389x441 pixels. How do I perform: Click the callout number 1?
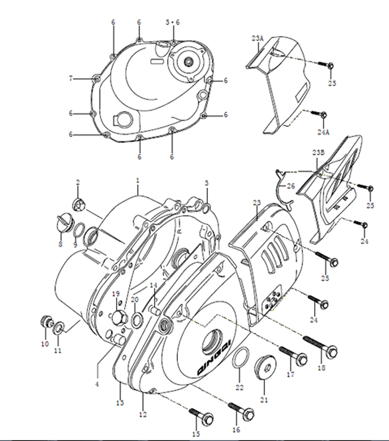coord(138,180)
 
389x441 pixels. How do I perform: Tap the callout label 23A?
coord(257,38)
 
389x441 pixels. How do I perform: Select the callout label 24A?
coord(323,132)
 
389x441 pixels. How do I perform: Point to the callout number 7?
coord(71,79)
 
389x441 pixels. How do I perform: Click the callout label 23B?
coord(318,153)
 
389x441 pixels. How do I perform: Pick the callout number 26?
coord(291,186)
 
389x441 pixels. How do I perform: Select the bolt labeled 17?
coord(293,354)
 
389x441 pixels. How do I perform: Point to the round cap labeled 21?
coord(265,367)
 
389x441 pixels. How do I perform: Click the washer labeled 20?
coord(137,319)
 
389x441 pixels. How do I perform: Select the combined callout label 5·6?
coord(172,22)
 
